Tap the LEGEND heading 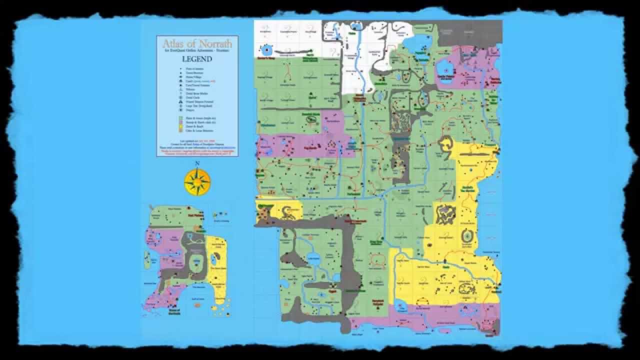coord(196,59)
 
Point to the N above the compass coord(197,163)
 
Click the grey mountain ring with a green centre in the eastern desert coord(467,235)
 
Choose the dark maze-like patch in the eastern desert coord(444,214)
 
